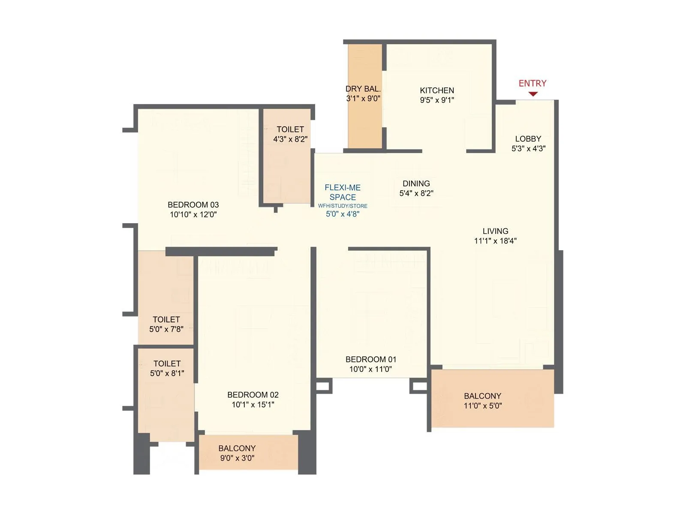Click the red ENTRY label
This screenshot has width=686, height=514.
coord(533,83)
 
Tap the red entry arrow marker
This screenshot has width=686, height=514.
coord(533,94)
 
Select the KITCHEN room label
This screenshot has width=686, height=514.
coord(437,90)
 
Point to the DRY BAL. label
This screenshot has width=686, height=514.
coord(363,89)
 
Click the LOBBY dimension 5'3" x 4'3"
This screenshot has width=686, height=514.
coord(528,149)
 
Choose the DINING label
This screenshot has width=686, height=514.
coord(416,183)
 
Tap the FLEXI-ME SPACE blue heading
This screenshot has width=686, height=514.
coord(343,192)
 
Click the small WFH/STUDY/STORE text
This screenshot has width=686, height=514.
coord(343,206)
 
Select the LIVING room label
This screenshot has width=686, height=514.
coord(495,231)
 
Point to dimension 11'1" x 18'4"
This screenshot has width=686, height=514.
coord(495,241)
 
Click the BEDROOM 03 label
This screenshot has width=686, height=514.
coord(193,205)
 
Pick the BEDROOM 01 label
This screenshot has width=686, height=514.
coord(371,359)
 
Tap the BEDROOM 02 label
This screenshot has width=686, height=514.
coord(253,394)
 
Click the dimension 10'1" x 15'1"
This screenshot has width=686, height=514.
coord(253,404)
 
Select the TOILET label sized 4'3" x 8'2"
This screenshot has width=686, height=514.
coord(290,129)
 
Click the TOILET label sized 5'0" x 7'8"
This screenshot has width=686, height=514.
coord(166,320)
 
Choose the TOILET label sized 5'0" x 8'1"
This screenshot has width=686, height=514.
coord(167,364)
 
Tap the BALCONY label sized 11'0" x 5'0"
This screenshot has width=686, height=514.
coord(482,396)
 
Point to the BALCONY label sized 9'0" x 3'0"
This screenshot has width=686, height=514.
coord(237,448)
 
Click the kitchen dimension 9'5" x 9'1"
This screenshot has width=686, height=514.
coord(437,100)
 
